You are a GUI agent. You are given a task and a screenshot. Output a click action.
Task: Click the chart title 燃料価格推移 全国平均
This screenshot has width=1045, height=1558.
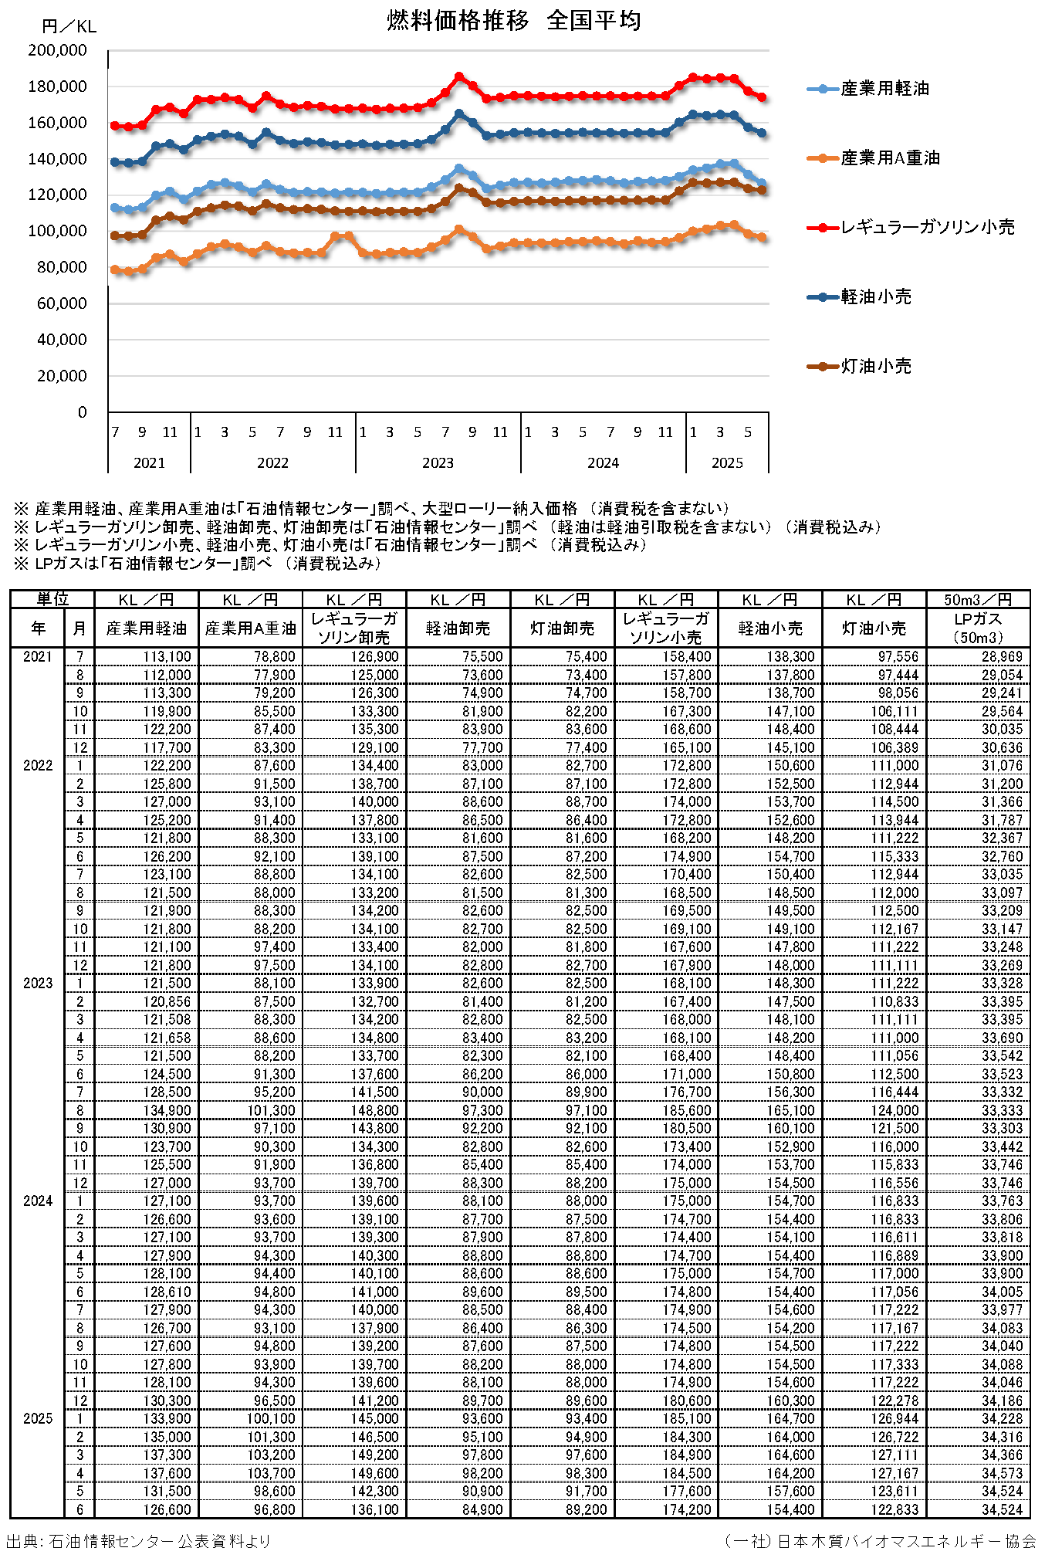click(x=513, y=21)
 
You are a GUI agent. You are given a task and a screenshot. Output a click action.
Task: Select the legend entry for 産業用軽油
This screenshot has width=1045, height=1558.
click(x=884, y=89)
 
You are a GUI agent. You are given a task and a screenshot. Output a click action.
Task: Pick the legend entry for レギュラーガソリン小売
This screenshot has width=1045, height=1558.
click(x=927, y=227)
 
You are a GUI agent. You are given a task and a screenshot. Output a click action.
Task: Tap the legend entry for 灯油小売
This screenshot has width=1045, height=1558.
click(x=876, y=366)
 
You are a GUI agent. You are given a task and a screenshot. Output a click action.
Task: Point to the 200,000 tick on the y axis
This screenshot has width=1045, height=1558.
click(x=58, y=50)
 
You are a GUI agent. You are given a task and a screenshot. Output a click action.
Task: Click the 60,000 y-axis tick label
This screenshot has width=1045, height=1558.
click(x=62, y=303)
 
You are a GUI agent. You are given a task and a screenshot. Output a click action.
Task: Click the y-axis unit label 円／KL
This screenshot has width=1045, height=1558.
click(x=69, y=27)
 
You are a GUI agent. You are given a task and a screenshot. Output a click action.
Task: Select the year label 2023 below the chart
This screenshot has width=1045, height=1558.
click(x=438, y=462)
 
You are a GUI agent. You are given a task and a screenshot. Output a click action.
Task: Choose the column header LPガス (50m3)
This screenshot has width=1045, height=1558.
click(x=978, y=628)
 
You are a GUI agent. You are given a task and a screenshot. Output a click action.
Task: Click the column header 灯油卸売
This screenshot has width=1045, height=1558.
click(x=562, y=628)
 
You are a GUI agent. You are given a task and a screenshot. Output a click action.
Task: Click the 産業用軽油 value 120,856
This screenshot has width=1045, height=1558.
click(x=167, y=1001)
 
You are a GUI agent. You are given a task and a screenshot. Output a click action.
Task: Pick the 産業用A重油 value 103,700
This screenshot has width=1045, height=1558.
click(x=271, y=1473)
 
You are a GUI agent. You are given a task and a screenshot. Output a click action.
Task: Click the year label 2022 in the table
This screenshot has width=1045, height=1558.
click(x=38, y=766)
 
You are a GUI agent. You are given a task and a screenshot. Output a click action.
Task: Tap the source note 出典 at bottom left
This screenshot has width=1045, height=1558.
click(x=139, y=1541)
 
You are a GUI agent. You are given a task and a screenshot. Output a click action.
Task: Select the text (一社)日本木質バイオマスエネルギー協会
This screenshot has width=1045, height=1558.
click(x=880, y=1541)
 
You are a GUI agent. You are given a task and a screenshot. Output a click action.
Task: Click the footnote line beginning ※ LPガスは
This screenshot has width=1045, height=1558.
click(x=198, y=564)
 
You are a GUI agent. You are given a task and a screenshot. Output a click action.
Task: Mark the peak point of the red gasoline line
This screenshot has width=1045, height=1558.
click(x=458, y=76)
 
